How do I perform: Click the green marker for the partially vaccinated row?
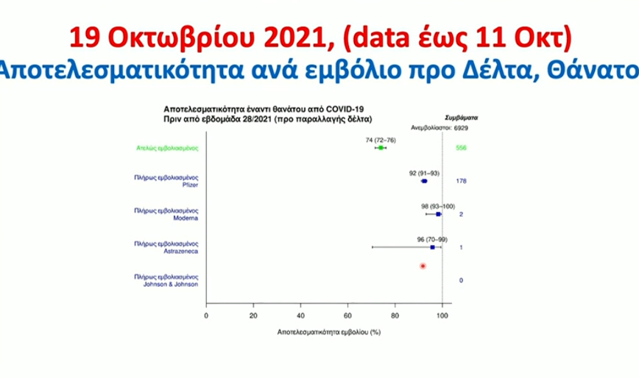pos(380,148)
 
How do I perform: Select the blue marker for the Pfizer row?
pos(423,181)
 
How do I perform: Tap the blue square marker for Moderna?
pos(438,214)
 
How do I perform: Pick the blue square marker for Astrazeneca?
pos(433,248)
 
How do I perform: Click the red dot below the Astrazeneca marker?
pos(423,265)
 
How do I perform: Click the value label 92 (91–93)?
pos(424,173)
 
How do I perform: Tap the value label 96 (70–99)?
pos(432,239)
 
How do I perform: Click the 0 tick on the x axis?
pos(206,315)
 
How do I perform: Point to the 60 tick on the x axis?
pos(347,315)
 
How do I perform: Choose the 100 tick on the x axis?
pos(442,315)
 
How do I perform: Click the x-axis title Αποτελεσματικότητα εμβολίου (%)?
pos(328,332)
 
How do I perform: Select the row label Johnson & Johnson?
pos(170,284)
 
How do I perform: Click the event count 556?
pos(462,148)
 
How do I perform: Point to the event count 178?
pos(462,181)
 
